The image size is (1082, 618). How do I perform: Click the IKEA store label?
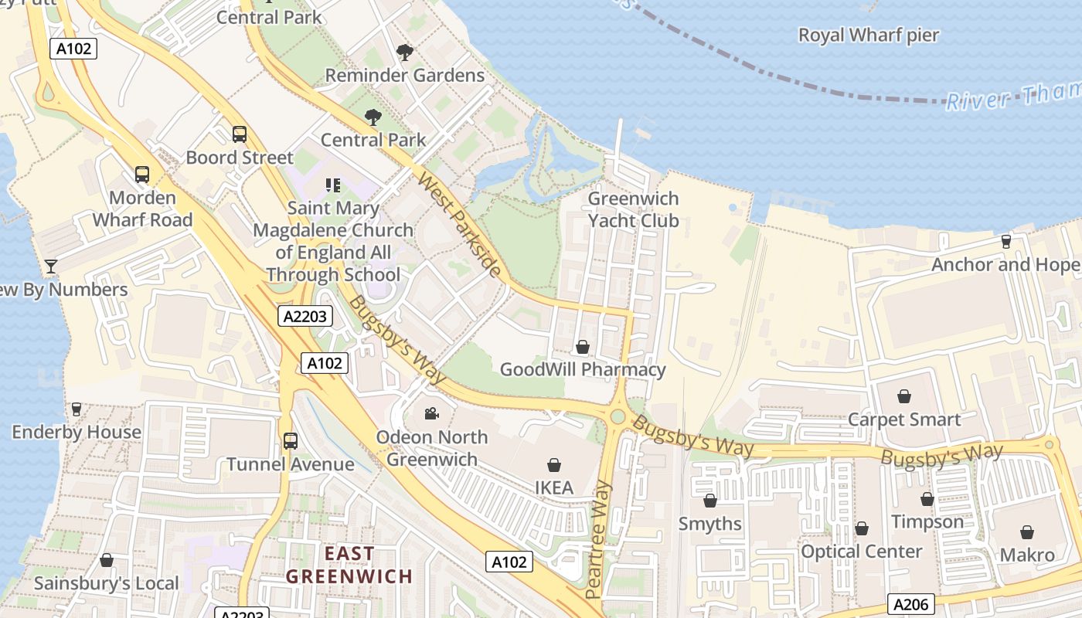pyautogui.click(x=554, y=487)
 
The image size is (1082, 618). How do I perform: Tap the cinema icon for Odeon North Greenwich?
pyautogui.click(x=431, y=413)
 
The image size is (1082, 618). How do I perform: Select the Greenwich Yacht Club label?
pyautogui.click(x=633, y=209)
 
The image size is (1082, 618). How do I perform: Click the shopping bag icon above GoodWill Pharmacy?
pyautogui.click(x=583, y=347)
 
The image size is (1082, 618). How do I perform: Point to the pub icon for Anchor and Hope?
pyautogui.click(x=1005, y=242)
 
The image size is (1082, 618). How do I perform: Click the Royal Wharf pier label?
pyautogui.click(x=868, y=35)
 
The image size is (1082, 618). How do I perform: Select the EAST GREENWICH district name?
pyautogui.click(x=349, y=565)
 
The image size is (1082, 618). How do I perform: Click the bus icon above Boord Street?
pyautogui.click(x=240, y=134)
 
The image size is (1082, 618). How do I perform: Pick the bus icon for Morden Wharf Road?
pyautogui.click(x=142, y=175)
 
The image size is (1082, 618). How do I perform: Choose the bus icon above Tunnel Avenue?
pyautogui.click(x=291, y=441)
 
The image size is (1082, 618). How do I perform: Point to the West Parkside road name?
pyautogui.click(x=459, y=224)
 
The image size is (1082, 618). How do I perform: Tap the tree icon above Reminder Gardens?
pyautogui.click(x=404, y=53)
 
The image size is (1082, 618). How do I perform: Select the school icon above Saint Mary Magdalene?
pyautogui.click(x=333, y=185)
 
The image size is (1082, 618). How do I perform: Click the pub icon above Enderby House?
pyautogui.click(x=77, y=409)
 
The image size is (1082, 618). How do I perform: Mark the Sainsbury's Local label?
pyautogui.click(x=106, y=583)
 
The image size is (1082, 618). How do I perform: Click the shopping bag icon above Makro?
pyautogui.click(x=1027, y=532)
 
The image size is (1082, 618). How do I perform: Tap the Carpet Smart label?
pyautogui.click(x=904, y=419)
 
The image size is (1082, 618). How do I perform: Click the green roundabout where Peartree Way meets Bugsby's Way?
pyautogui.click(x=617, y=417)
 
